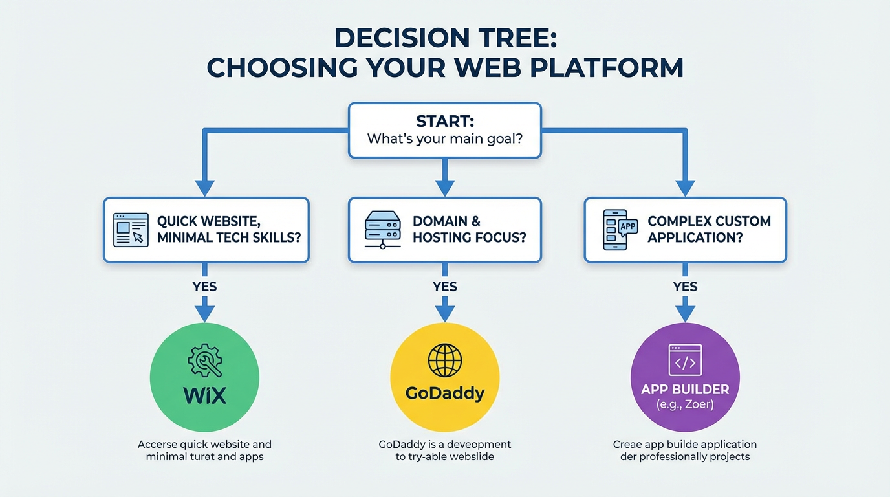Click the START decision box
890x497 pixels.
pyautogui.click(x=444, y=130)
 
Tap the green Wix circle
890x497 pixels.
pyautogui.click(x=204, y=377)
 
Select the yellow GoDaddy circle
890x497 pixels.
pyautogui.click(x=444, y=377)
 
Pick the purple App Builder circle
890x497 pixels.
pyautogui.click(x=685, y=377)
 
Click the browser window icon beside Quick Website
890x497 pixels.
pyautogui.click(x=131, y=230)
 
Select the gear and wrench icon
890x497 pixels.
pyautogui.click(x=204, y=361)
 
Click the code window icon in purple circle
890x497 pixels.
pyautogui.click(x=685, y=360)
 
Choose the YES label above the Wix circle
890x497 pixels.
pyautogui.click(x=204, y=287)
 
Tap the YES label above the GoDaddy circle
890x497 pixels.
pyautogui.click(x=444, y=287)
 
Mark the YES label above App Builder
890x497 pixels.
pyautogui.click(x=685, y=287)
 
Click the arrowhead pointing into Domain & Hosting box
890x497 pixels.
pyautogui.click(x=444, y=187)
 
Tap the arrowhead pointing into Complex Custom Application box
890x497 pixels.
pyautogui.click(x=685, y=187)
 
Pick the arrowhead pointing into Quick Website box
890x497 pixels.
pyautogui.click(x=204, y=187)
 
